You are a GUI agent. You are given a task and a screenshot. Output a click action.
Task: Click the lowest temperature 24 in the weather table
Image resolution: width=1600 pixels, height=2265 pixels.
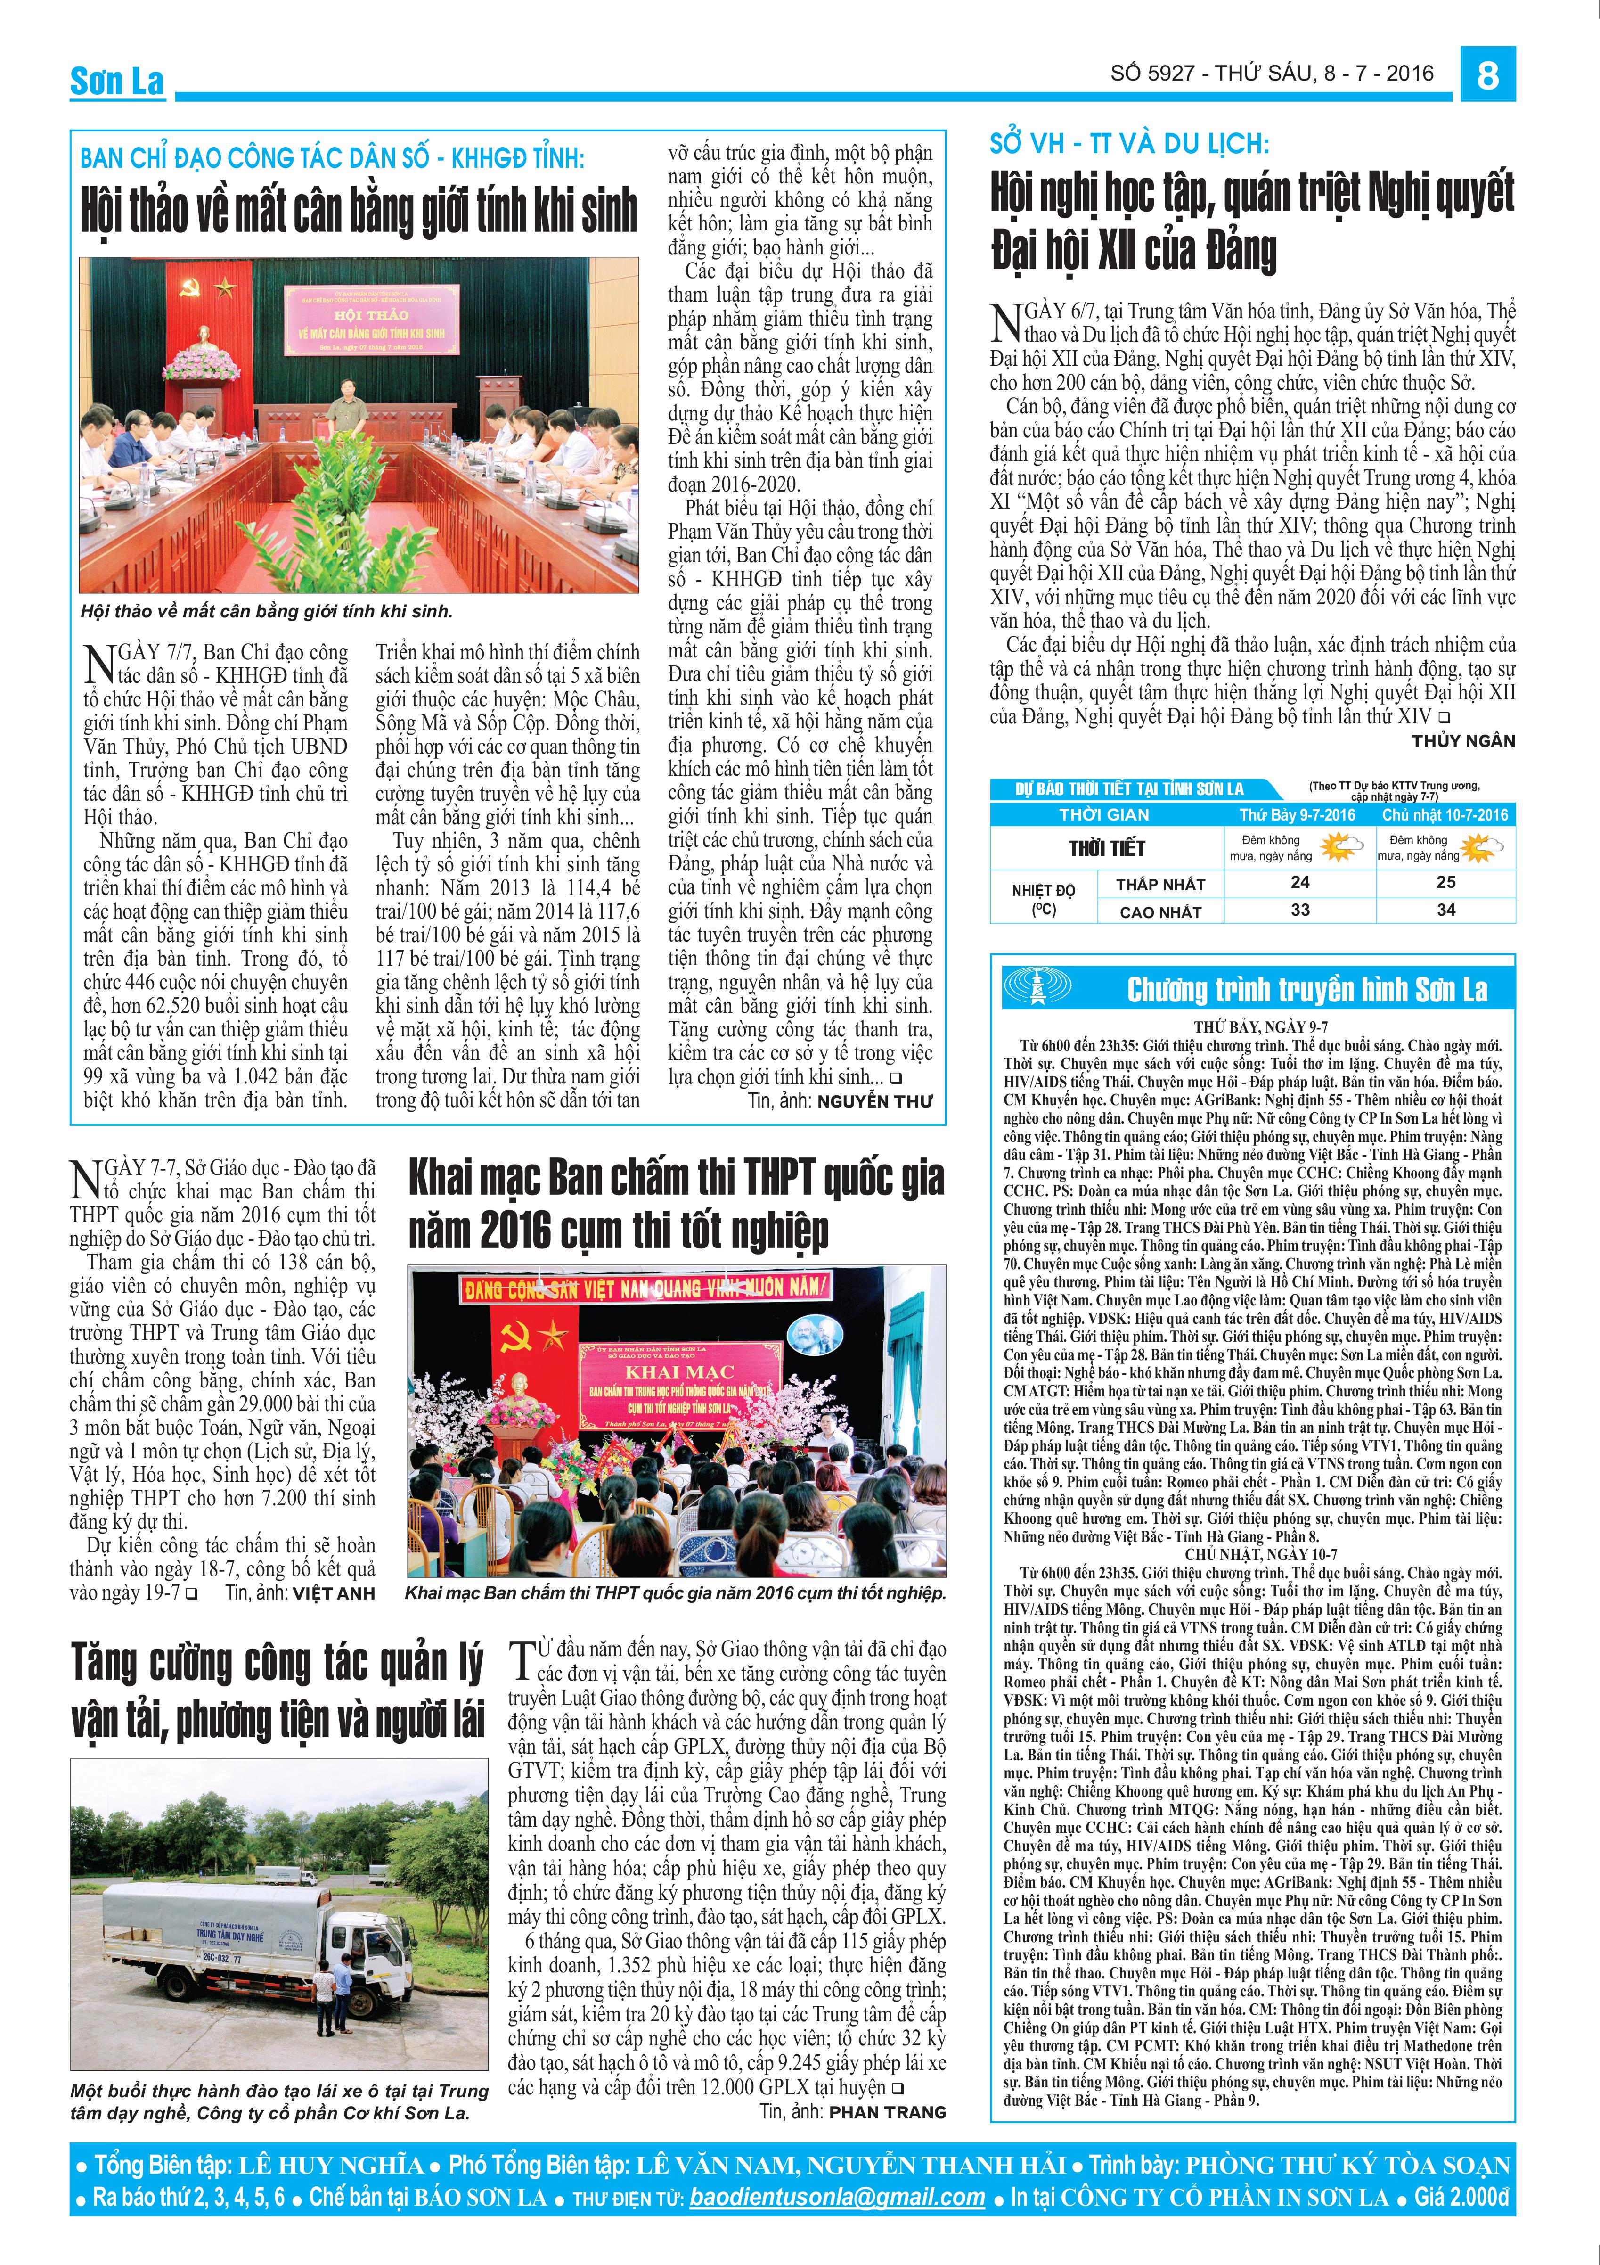click(1300, 882)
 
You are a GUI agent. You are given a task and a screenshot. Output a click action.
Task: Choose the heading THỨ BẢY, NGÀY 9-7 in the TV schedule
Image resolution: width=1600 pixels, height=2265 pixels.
click(1252, 1027)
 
